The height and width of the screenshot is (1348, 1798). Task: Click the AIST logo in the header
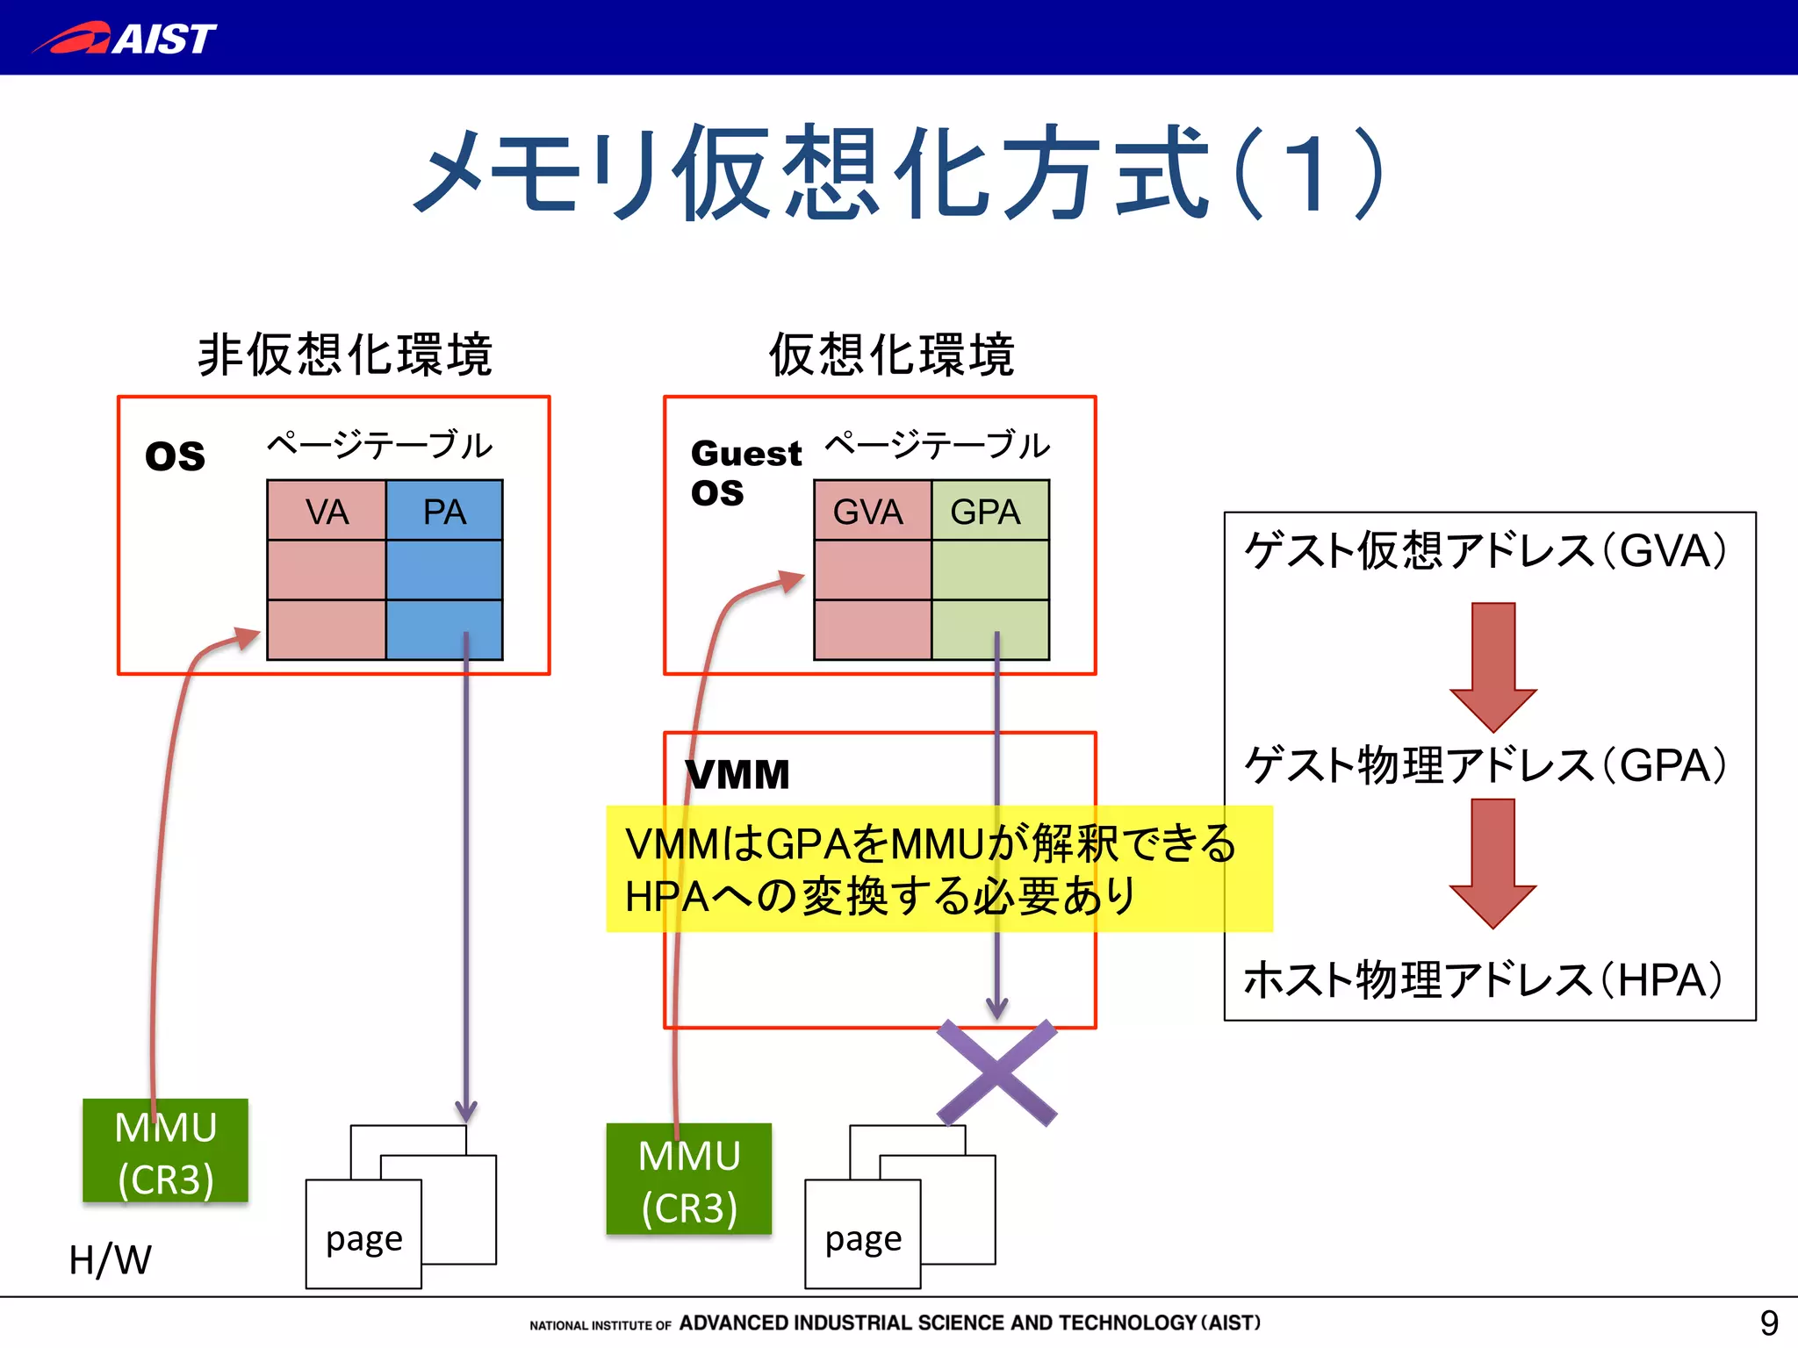[x=126, y=38]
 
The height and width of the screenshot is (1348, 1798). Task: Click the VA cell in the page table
[x=326, y=511]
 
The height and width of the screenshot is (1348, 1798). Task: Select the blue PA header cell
[x=444, y=511]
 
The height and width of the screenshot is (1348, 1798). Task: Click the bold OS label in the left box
[x=175, y=456]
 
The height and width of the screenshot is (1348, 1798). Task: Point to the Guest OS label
[x=744, y=472]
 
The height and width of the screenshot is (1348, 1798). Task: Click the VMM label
[x=737, y=775]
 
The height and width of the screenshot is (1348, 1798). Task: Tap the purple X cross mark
[x=996, y=1072]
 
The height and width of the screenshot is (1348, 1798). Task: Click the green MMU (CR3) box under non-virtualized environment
[x=165, y=1151]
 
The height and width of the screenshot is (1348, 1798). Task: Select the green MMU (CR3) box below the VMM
[x=689, y=1179]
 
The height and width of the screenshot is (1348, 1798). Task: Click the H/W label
[x=110, y=1260]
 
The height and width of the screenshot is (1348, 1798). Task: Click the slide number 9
[x=1768, y=1322]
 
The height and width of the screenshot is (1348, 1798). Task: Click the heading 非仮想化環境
[x=345, y=355]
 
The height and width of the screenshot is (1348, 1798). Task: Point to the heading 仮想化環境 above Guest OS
[x=891, y=355]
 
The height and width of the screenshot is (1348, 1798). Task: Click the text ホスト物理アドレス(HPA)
[x=1484, y=979]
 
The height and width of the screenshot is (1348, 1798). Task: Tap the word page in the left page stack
[x=363, y=1239]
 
